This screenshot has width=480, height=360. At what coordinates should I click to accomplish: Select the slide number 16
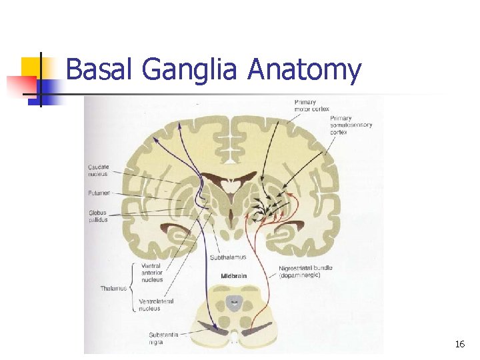pos(459,344)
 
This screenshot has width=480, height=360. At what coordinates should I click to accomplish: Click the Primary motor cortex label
pos(311,105)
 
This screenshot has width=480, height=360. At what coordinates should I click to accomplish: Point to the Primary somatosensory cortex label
pos(351,125)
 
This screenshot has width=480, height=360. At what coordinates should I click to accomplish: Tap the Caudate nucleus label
pos(99,170)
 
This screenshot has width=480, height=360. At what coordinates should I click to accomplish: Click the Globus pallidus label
pos(98,215)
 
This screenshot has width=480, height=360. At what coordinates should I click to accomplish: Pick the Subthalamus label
pos(228,257)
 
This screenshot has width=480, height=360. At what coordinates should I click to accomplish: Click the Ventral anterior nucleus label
pos(152,273)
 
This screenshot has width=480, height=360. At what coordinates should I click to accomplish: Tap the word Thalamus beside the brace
pos(114,288)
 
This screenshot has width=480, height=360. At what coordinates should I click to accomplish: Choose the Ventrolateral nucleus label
pos(156,305)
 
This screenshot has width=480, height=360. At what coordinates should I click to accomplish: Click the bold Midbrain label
pos(235,275)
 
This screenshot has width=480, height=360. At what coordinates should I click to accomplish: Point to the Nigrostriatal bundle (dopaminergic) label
pos(306,271)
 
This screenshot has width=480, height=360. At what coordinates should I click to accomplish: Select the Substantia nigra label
pos(165,337)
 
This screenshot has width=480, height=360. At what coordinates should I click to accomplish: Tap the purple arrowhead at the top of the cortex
pos(155,139)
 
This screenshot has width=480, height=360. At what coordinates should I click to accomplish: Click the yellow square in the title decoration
pos(31,67)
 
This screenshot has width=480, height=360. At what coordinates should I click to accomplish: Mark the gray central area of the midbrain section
pos(234,303)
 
